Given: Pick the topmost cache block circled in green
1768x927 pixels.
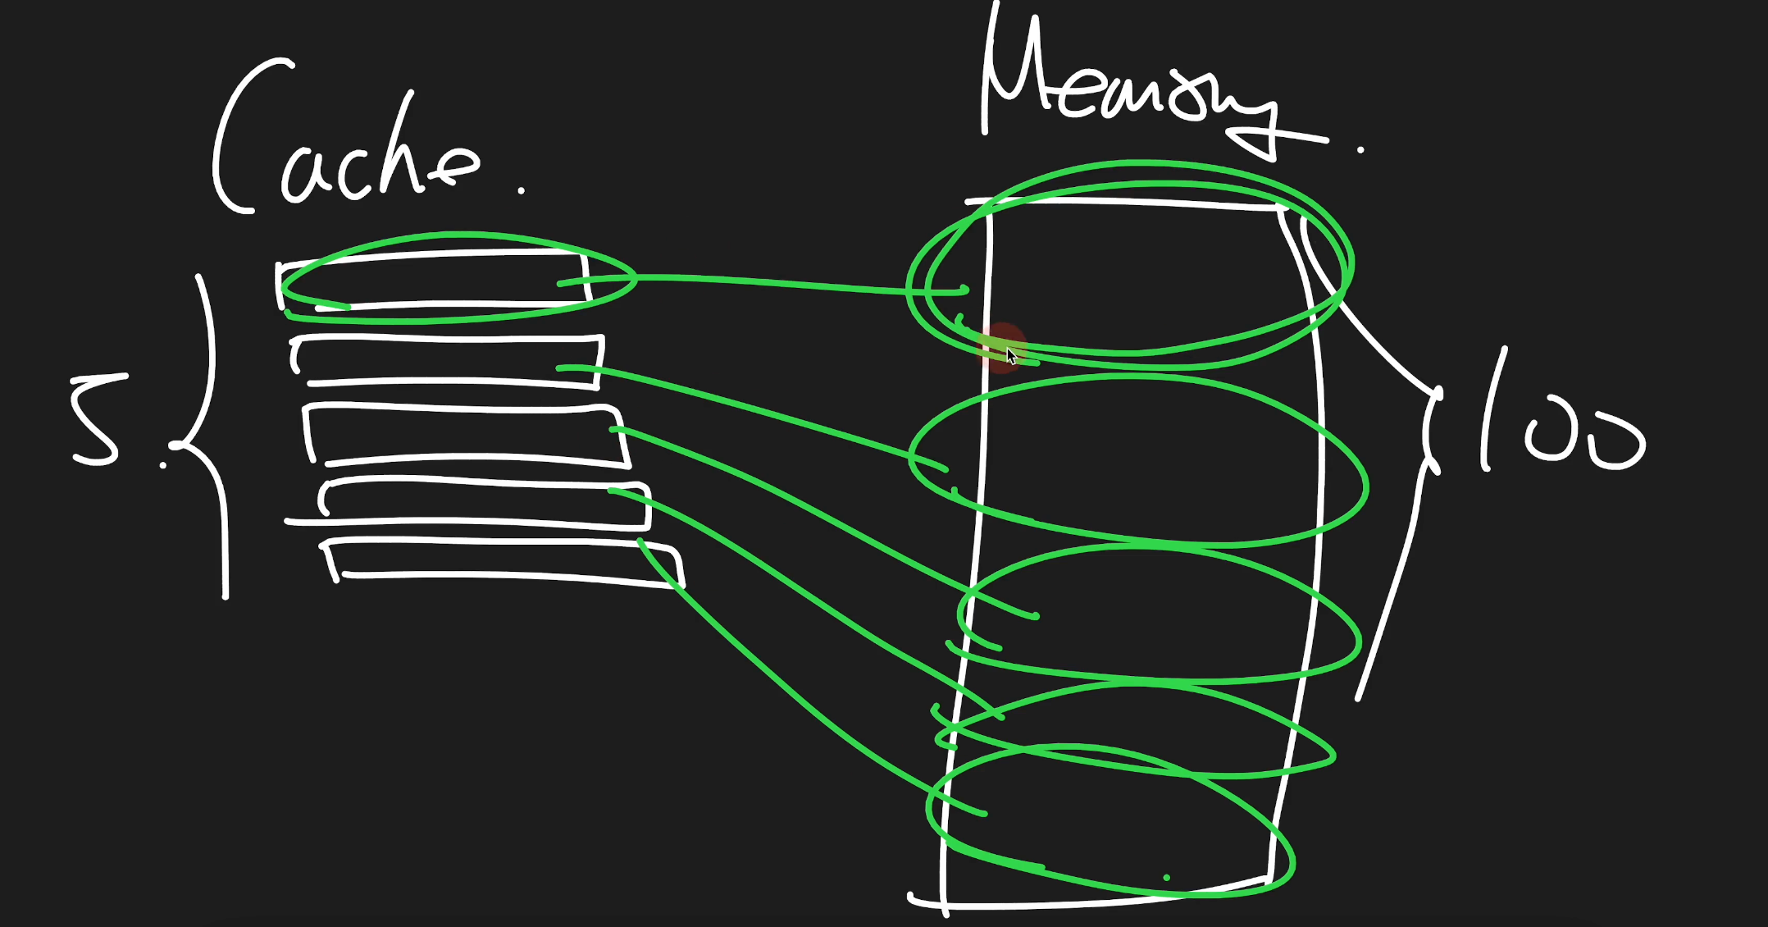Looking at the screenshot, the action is coord(433,281).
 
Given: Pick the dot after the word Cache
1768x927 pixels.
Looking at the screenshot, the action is coord(522,190).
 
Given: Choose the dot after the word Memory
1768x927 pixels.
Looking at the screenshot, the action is coord(1360,150).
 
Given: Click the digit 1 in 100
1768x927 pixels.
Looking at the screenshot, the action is coord(1492,409).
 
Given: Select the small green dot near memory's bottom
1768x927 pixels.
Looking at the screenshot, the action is coord(1167,878).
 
